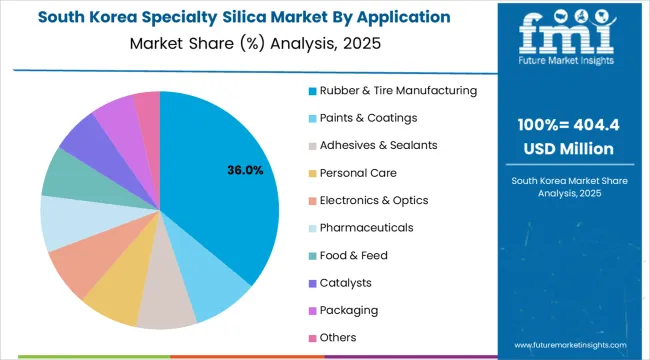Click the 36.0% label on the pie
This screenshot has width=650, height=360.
(246, 171)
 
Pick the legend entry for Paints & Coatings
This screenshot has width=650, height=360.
(367, 118)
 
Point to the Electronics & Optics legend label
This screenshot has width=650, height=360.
(374, 200)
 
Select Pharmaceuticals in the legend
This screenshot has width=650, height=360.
(367, 228)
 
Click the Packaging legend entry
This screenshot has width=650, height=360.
(354, 310)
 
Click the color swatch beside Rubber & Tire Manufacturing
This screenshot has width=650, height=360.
(311, 91)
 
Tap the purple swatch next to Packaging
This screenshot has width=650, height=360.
(311, 310)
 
